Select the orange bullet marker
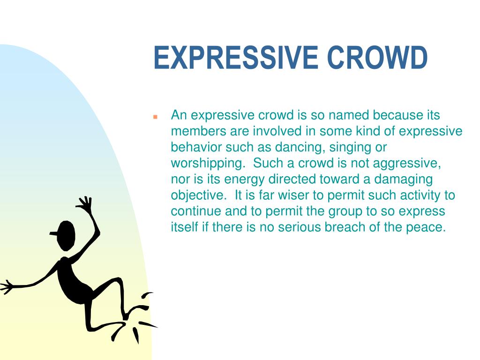(155, 117)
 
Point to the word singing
(349, 147)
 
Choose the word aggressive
(410, 164)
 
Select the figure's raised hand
(85, 204)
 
